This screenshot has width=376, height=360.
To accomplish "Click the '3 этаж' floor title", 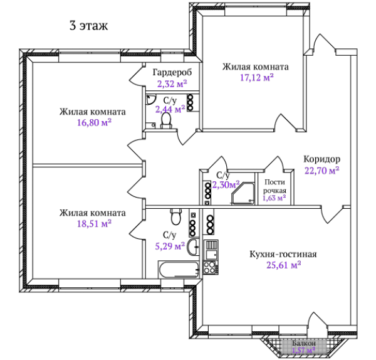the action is pyautogui.click(x=88, y=26).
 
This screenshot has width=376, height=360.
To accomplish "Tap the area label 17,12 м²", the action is pyautogui.click(x=257, y=78).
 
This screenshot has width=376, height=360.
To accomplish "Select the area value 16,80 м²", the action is pyautogui.click(x=94, y=122).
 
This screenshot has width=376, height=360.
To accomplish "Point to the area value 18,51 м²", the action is pyautogui.click(x=94, y=224).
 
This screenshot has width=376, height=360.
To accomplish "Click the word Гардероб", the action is pyautogui.click(x=172, y=72).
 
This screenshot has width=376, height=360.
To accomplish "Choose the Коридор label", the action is pyautogui.click(x=322, y=159).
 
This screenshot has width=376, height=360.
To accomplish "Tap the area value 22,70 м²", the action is pyautogui.click(x=322, y=171).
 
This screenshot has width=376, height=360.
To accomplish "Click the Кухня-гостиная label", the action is pyautogui.click(x=283, y=254).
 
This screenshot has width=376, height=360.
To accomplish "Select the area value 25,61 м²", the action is pyautogui.click(x=284, y=265).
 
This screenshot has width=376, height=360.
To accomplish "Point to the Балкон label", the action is pyautogui.click(x=304, y=343).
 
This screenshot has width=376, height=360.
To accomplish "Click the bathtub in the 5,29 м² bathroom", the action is pyautogui.click(x=179, y=270).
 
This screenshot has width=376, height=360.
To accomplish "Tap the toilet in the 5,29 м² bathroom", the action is pyautogui.click(x=175, y=216).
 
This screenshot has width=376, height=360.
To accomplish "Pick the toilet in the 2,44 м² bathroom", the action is pyautogui.click(x=166, y=120).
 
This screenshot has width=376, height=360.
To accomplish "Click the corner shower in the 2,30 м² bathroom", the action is pyautogui.click(x=243, y=193).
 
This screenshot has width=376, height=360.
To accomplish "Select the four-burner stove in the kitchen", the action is pyautogui.click(x=211, y=267).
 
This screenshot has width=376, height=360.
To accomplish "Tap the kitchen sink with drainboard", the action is pyautogui.click(x=211, y=250).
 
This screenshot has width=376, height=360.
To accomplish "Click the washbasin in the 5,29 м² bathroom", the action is pyautogui.click(x=193, y=247).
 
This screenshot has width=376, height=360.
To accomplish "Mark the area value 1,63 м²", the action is pyautogui.click(x=274, y=198).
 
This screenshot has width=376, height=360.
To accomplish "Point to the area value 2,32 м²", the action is pyautogui.click(x=172, y=84).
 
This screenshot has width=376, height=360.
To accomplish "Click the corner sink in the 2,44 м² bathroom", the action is pyautogui.click(x=150, y=99).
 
